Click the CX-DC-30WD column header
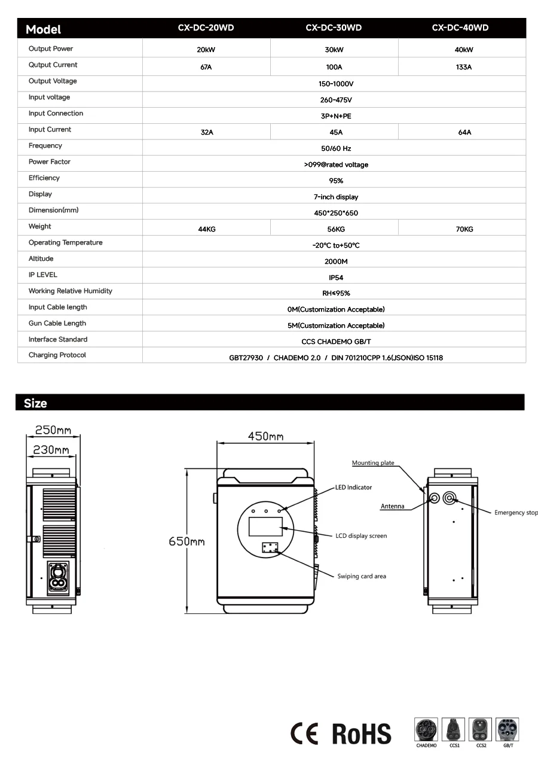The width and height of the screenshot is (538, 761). (334, 28)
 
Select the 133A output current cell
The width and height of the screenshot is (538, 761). (463, 67)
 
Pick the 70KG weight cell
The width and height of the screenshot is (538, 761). (464, 229)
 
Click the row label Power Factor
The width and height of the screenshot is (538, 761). (50, 162)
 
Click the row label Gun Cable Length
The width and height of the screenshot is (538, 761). (57, 323)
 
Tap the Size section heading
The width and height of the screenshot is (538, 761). (35, 403)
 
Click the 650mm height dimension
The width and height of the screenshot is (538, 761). (187, 541)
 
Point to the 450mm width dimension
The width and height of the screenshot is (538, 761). (265, 437)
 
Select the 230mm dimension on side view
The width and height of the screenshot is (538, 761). (51, 450)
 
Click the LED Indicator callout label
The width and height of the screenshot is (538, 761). (353, 488)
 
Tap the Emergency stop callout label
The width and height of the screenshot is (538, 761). (515, 513)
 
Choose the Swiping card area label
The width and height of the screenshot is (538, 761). (362, 576)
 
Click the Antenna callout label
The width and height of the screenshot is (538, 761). (392, 506)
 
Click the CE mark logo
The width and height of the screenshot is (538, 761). (304, 733)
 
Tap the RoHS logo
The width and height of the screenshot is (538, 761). (361, 733)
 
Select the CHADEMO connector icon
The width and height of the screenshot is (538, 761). (426, 730)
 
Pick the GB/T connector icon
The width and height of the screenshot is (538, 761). (508, 730)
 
